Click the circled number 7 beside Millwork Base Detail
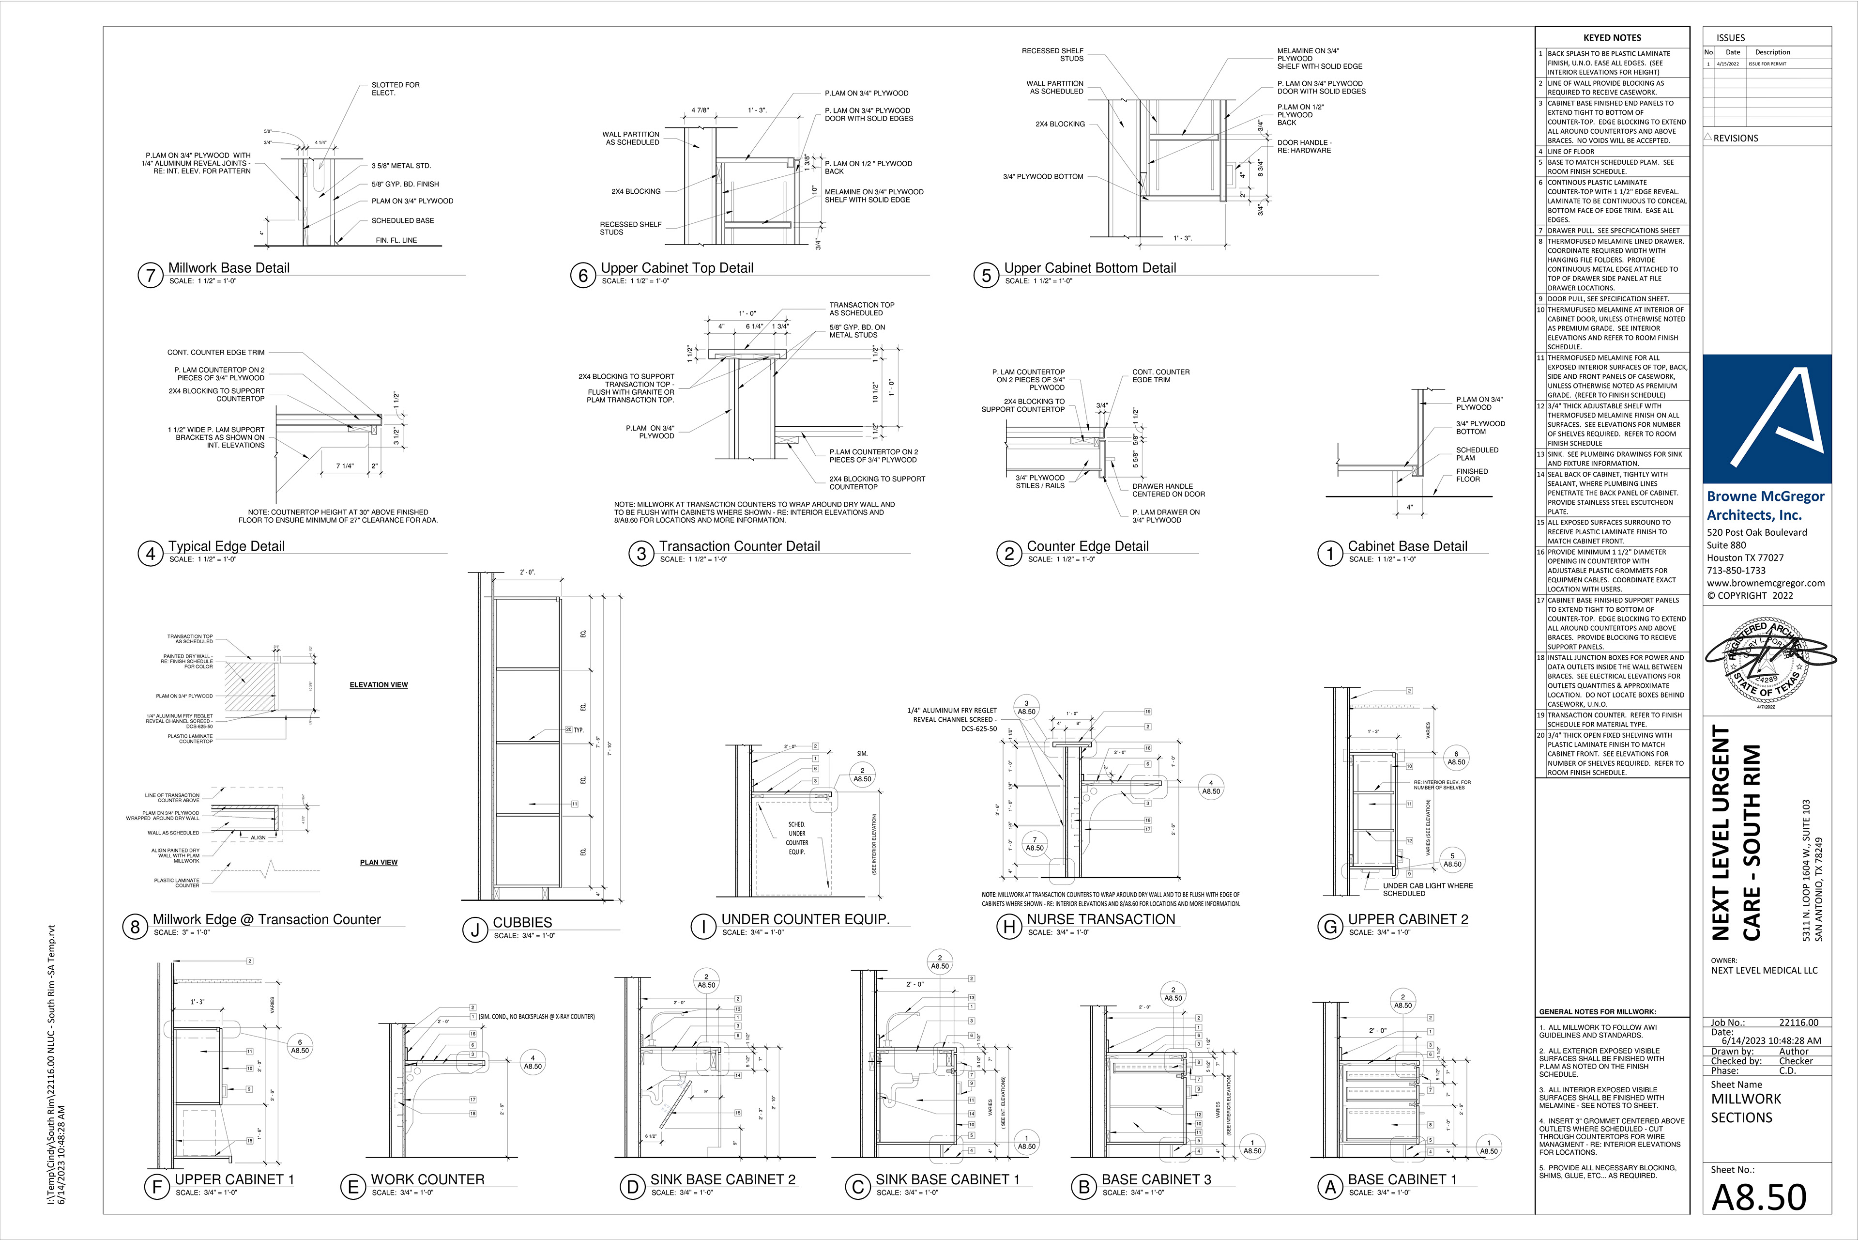[x=150, y=275]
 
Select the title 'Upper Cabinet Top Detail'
[x=677, y=268]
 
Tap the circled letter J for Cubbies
[x=475, y=930]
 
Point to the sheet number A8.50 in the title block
[x=1759, y=1198]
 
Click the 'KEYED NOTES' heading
[x=1612, y=38]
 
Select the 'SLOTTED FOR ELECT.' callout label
[x=395, y=89]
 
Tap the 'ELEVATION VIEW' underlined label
[x=379, y=685]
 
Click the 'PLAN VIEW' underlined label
[x=379, y=862]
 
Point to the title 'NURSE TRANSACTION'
[x=1100, y=919]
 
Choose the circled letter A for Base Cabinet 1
[x=1330, y=1187]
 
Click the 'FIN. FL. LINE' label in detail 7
[x=396, y=240]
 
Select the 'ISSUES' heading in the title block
[x=1730, y=38]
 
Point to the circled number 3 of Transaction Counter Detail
[x=641, y=554]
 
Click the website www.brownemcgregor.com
[x=1766, y=583]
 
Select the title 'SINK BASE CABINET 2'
[x=722, y=1179]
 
